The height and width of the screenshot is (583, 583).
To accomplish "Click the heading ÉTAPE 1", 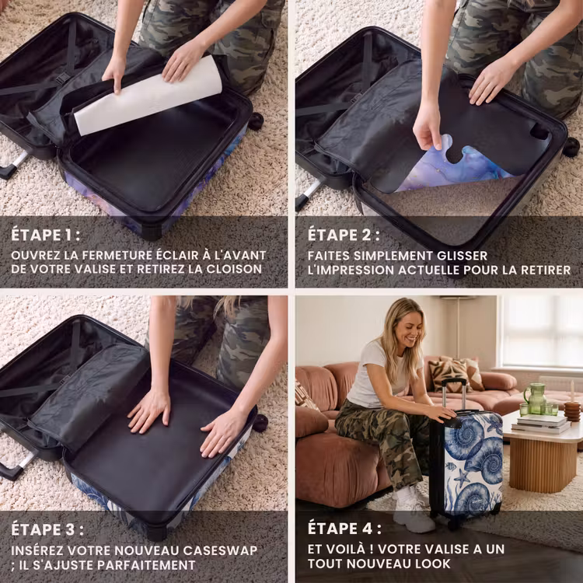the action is (x=45, y=235).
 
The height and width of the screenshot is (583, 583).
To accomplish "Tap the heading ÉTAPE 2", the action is (x=344, y=235).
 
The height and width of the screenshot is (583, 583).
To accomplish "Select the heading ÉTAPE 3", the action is (x=47, y=529).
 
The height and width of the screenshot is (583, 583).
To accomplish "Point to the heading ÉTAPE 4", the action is (x=344, y=529).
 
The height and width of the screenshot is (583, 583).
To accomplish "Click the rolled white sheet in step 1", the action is (x=148, y=96).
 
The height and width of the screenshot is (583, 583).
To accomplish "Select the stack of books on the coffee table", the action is (x=541, y=424).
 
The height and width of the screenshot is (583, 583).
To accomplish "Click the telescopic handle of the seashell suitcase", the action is (x=454, y=394).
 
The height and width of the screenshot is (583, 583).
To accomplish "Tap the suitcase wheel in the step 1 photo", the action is (x=256, y=121).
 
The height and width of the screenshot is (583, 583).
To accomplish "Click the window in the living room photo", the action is (x=542, y=331).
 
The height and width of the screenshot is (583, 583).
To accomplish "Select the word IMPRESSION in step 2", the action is (x=351, y=270).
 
